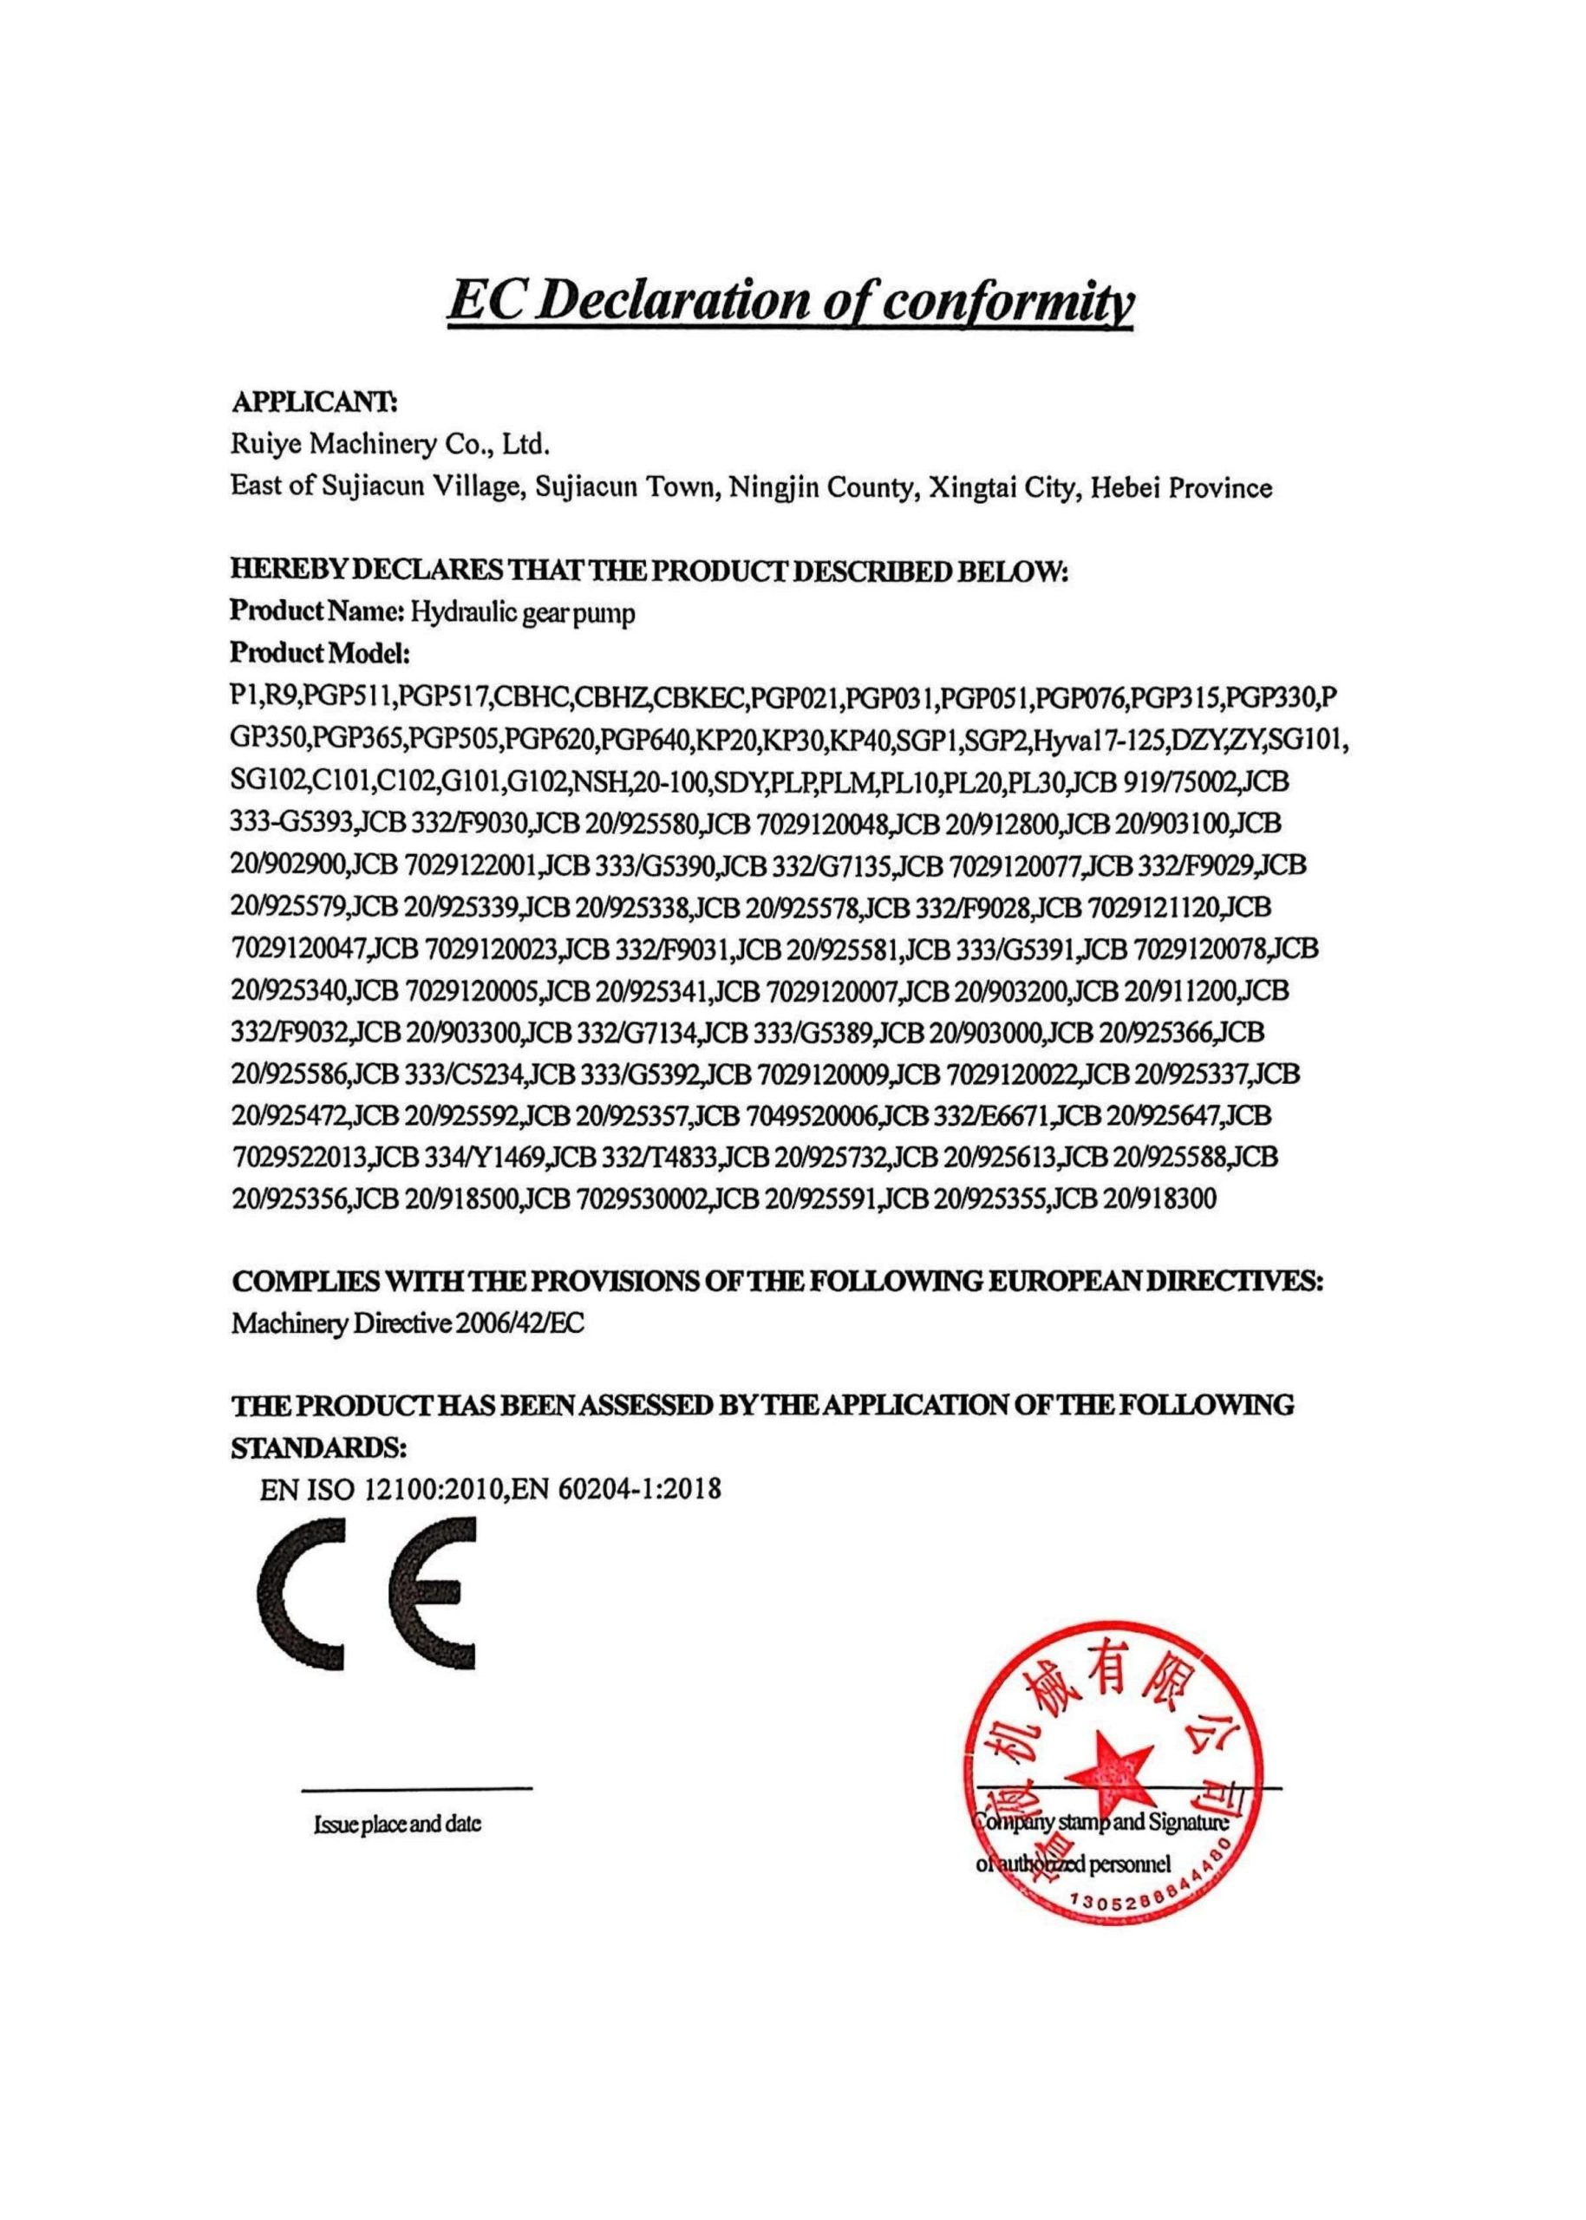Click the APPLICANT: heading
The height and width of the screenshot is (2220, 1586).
[x=312, y=402]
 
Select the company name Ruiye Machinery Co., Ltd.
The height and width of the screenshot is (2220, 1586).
[x=390, y=446]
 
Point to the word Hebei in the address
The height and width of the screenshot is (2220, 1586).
[x=1123, y=487]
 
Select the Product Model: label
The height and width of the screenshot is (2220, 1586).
[x=319, y=652]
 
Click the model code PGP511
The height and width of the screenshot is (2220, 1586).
[x=349, y=697]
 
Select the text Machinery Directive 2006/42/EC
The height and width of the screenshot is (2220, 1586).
[x=408, y=1323]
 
